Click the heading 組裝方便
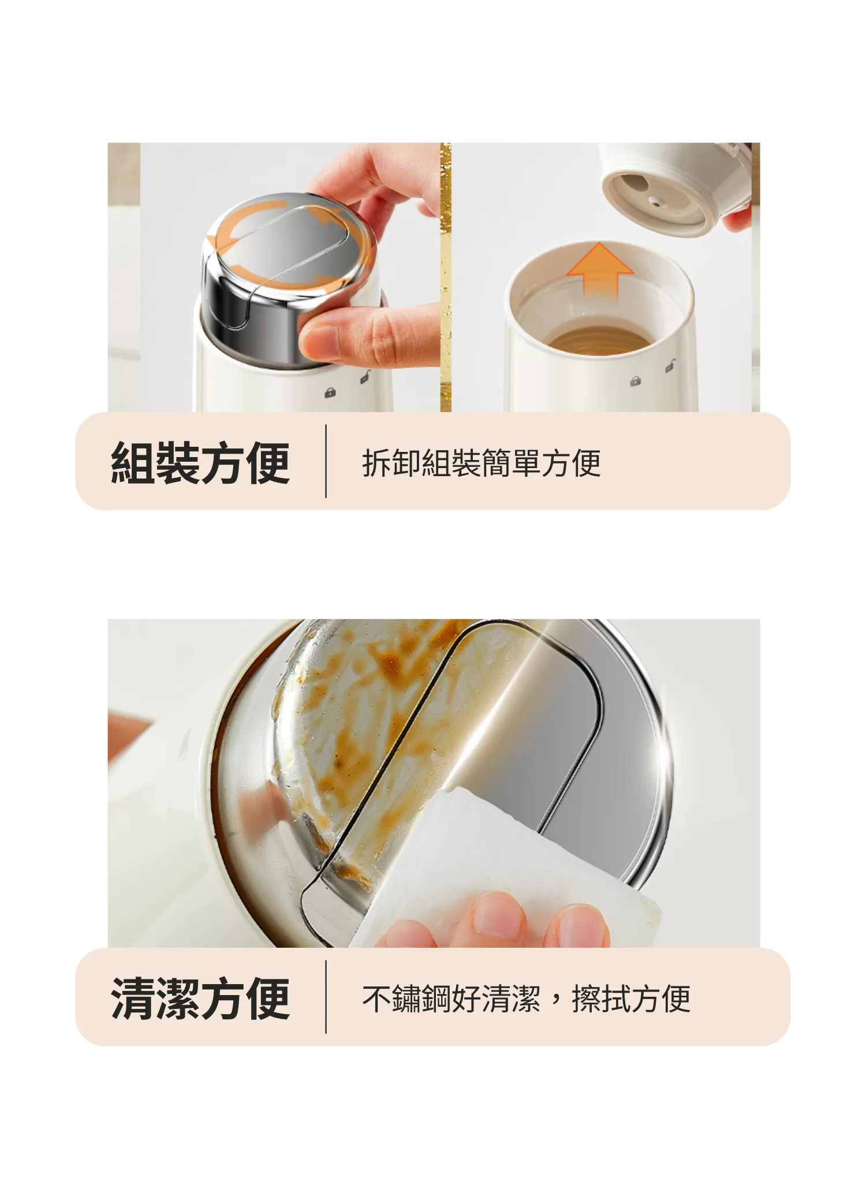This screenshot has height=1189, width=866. coord(200,462)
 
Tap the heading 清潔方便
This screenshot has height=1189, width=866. coord(200,998)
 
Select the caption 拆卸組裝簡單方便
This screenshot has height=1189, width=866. coord(481,462)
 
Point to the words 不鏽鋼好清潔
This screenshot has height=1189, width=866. coord(451,998)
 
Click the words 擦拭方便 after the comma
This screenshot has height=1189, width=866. coord(630,998)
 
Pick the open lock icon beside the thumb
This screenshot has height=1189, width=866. coord(365,377)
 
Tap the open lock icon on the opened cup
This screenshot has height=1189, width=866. coord(670,366)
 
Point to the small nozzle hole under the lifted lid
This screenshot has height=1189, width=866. coord(654,201)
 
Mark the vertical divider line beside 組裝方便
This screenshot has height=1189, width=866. coord(326,461)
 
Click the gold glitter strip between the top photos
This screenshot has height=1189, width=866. coord(445,277)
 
